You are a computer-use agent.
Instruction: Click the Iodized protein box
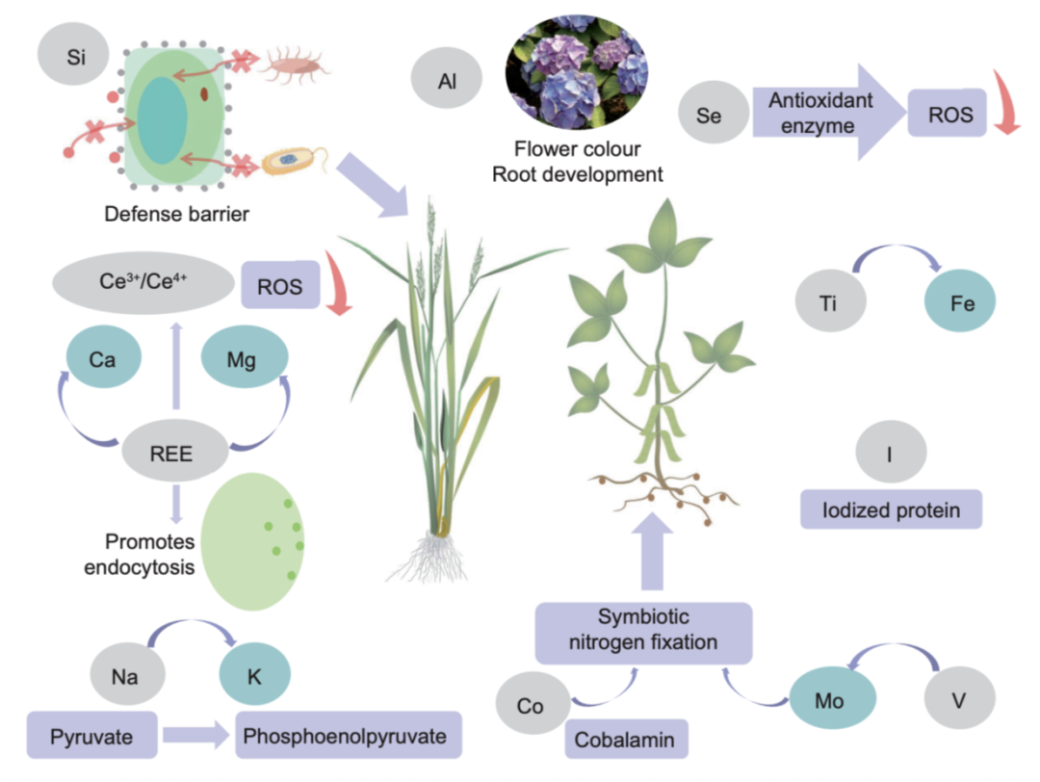891,508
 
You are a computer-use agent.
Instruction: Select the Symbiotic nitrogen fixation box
643,632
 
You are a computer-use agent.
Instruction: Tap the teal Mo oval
829,700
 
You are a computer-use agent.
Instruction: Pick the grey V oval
958,700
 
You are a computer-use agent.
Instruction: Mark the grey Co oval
531,706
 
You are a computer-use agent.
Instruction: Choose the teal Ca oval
104,359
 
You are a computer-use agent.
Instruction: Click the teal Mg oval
245,359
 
